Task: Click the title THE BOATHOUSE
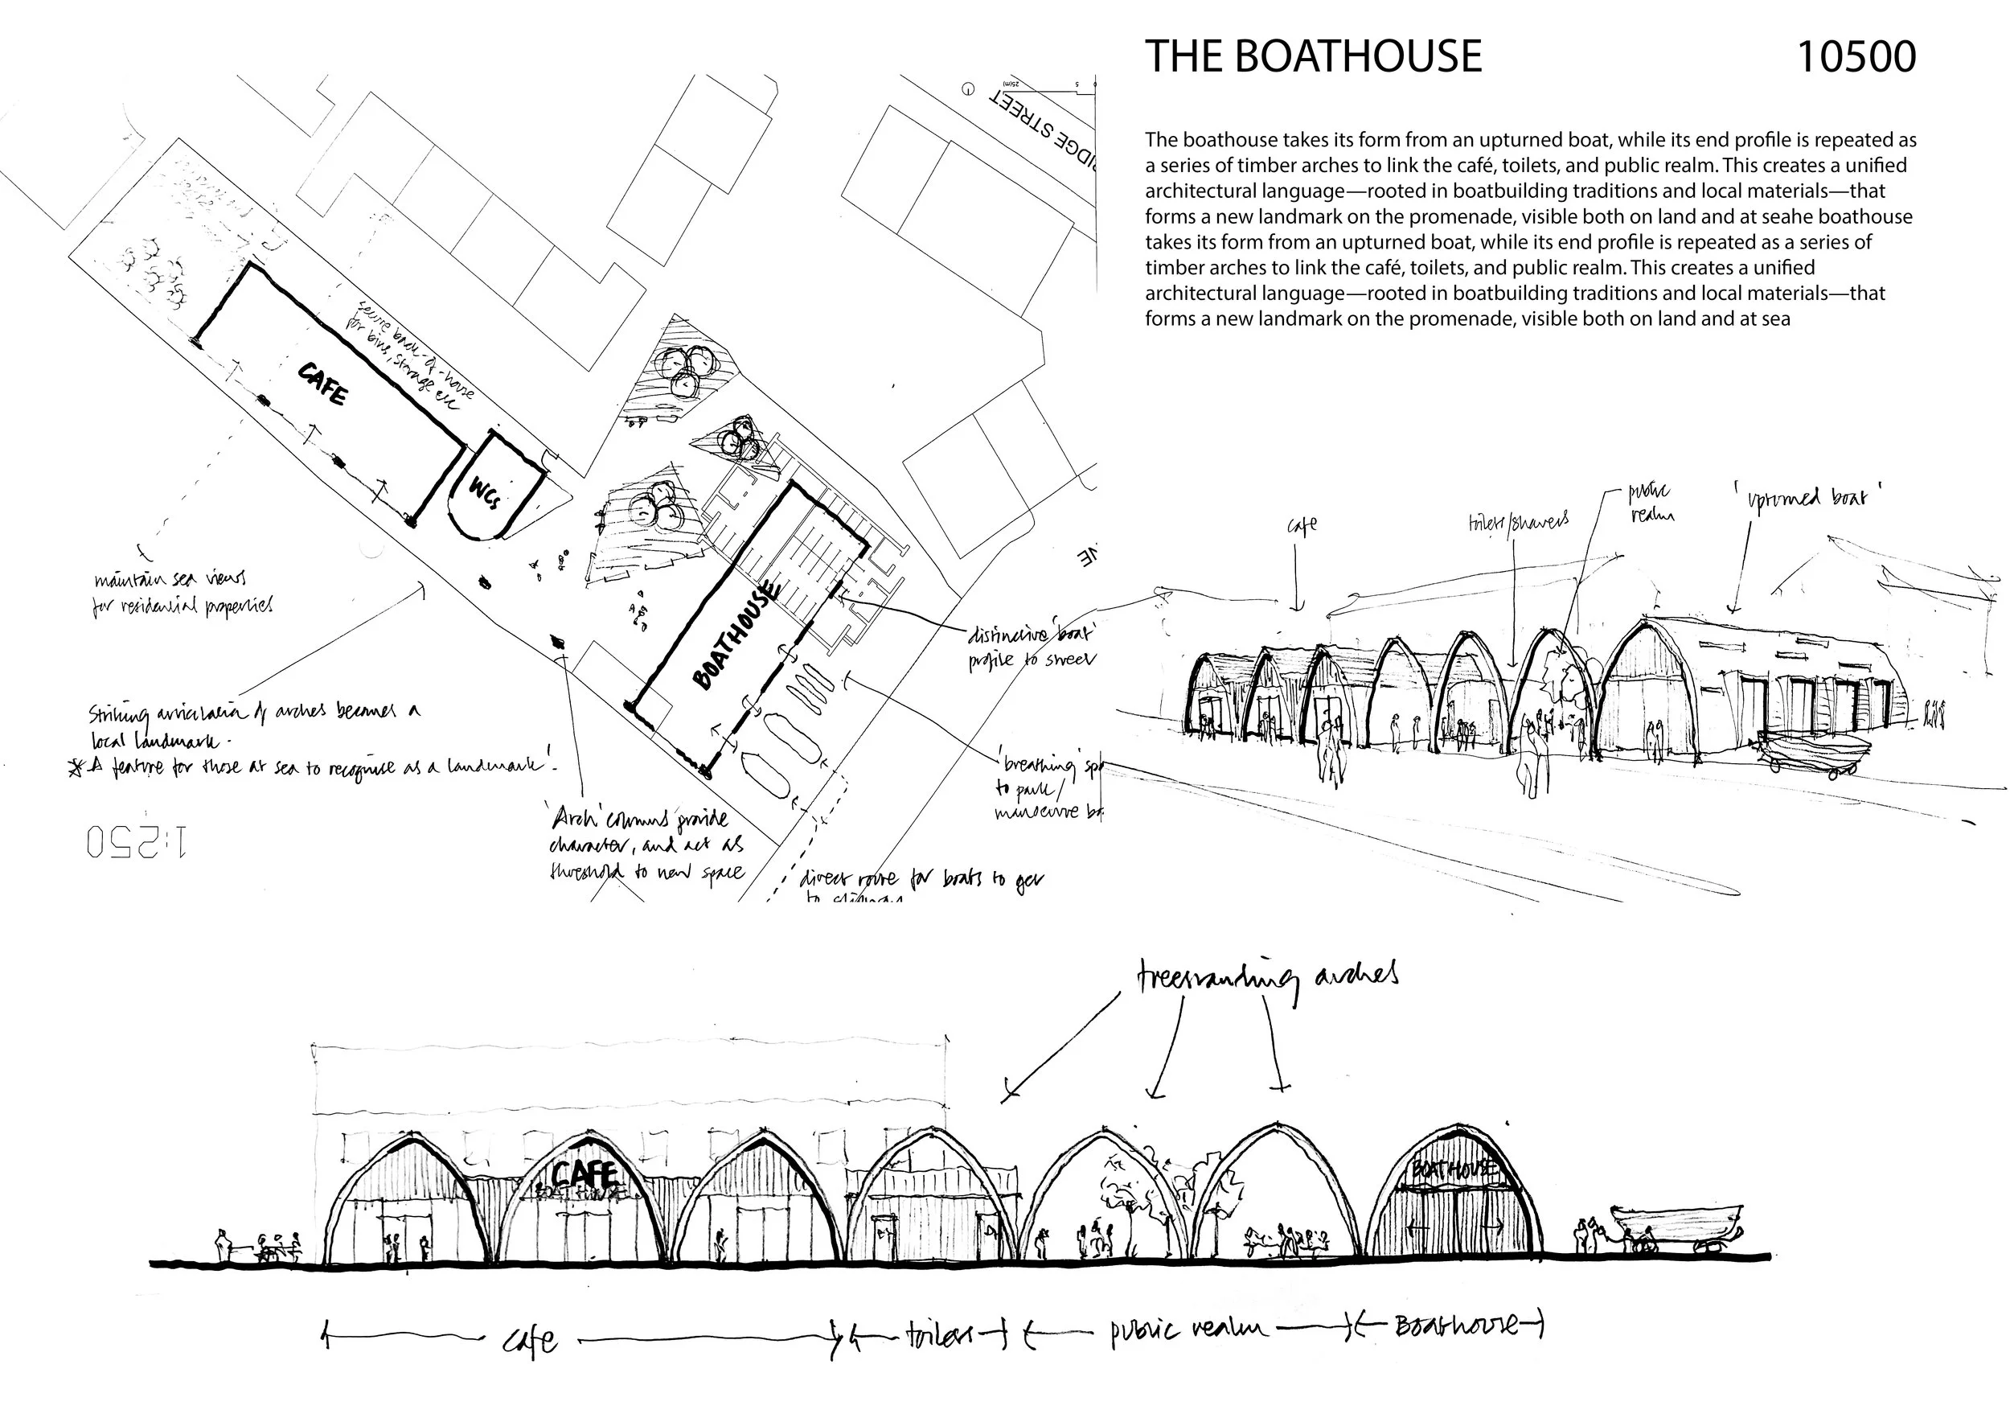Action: (1313, 57)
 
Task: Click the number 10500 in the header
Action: (1855, 57)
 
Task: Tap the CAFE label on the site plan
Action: (323, 384)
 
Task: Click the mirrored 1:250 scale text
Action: (137, 841)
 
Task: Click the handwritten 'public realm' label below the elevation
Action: (1188, 1330)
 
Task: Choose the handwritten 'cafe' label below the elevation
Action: (531, 1340)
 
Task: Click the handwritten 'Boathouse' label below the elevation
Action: (1458, 1325)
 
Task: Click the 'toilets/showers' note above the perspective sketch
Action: (1518, 523)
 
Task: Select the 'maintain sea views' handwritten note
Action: (182, 592)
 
